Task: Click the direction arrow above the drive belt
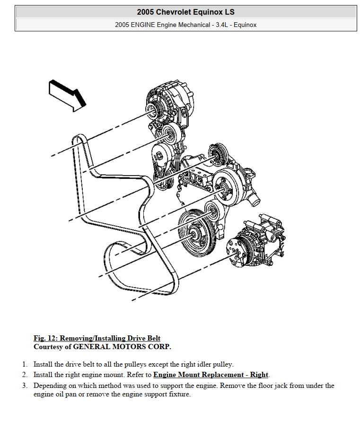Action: (x=66, y=95)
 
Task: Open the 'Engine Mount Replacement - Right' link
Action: (x=211, y=375)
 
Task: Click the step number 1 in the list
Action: (x=24, y=364)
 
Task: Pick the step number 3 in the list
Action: (x=24, y=386)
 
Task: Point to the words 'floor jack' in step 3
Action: (x=285, y=386)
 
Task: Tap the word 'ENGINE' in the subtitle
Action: (x=143, y=25)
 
